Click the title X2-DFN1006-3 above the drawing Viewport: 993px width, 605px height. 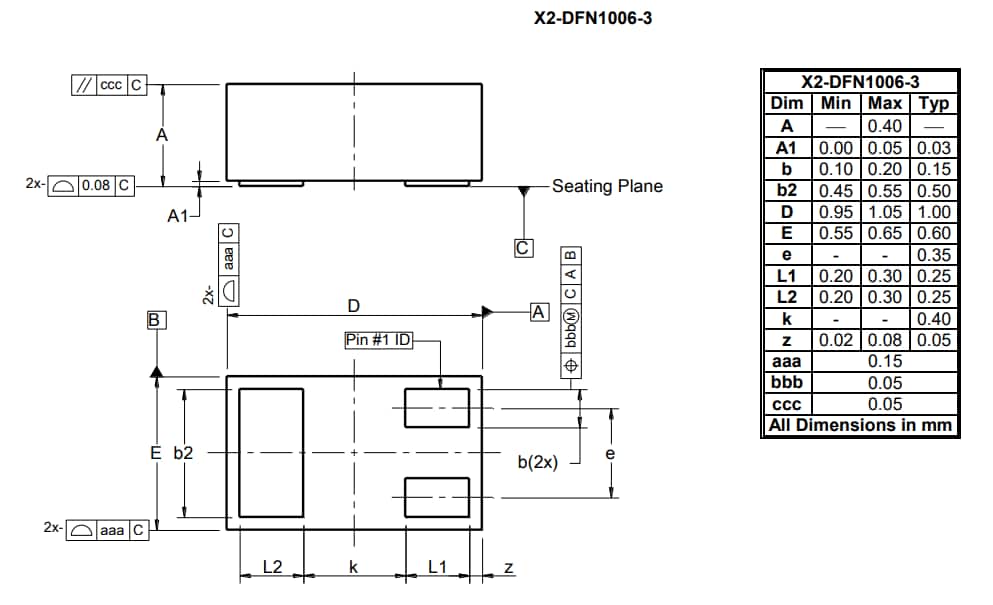click(x=593, y=17)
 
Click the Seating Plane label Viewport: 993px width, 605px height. click(x=607, y=186)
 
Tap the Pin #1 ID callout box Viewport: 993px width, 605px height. click(x=378, y=340)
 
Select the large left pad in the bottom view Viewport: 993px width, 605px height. click(x=270, y=453)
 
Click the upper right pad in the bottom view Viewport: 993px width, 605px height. click(x=436, y=407)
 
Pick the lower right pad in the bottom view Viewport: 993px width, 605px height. click(x=436, y=497)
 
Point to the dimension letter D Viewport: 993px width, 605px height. click(x=353, y=305)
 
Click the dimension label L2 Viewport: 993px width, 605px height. click(x=272, y=567)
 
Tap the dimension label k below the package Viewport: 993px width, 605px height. click(x=353, y=567)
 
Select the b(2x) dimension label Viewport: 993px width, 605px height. click(x=537, y=462)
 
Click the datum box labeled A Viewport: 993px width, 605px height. click(x=539, y=312)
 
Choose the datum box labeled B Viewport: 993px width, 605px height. click(x=155, y=320)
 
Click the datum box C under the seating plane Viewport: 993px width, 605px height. click(x=523, y=248)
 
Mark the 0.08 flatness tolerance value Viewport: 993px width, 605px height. click(x=96, y=185)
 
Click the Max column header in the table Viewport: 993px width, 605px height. click(x=885, y=104)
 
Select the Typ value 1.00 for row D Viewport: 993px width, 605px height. click(x=934, y=212)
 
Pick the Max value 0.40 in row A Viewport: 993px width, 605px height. click(x=885, y=126)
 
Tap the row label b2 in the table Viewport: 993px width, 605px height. click(x=787, y=190)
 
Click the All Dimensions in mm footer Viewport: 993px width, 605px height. click(x=859, y=426)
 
